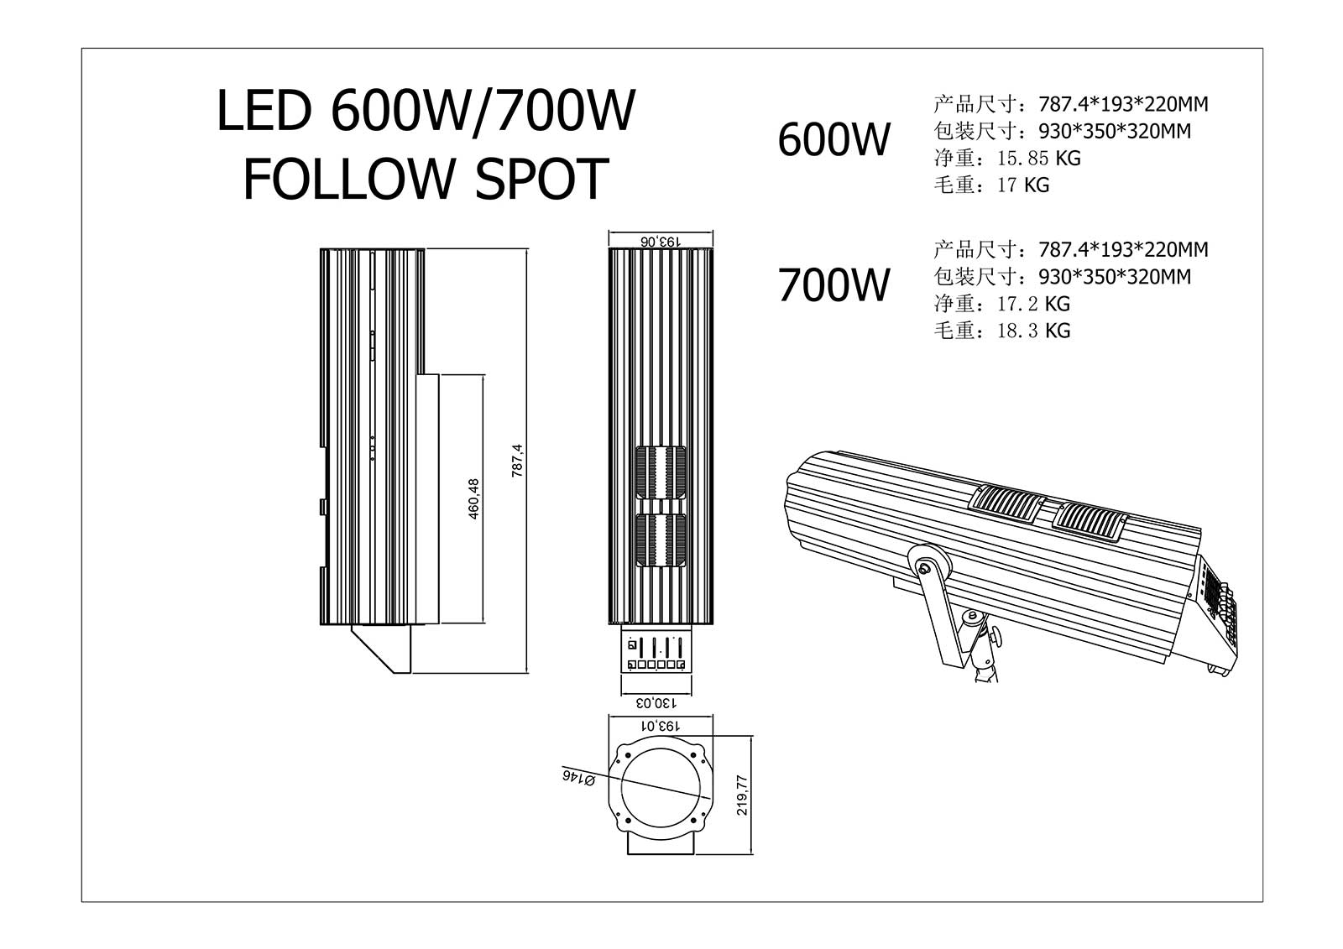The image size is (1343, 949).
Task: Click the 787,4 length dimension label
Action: click(x=518, y=461)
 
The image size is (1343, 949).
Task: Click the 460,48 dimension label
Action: click(x=474, y=499)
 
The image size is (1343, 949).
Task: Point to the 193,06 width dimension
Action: click(x=661, y=240)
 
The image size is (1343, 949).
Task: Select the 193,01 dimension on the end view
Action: click(x=661, y=724)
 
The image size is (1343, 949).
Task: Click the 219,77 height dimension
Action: click(x=740, y=795)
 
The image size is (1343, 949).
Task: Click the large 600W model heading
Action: click(x=833, y=139)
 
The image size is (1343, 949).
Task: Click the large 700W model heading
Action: click(x=833, y=285)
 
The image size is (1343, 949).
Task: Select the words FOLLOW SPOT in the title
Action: click(x=426, y=179)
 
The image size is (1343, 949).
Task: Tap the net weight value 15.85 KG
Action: click(x=1038, y=158)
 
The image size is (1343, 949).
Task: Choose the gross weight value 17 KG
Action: click(x=1023, y=185)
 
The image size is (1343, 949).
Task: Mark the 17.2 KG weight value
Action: click(x=1033, y=304)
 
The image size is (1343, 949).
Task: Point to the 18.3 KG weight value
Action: click(x=1033, y=331)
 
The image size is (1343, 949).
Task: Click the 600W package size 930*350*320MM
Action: click(x=1115, y=132)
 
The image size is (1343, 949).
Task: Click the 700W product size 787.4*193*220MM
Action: click(x=1123, y=250)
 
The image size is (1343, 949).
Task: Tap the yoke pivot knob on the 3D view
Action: click(x=925, y=568)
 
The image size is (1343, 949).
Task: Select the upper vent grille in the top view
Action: click(x=661, y=475)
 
